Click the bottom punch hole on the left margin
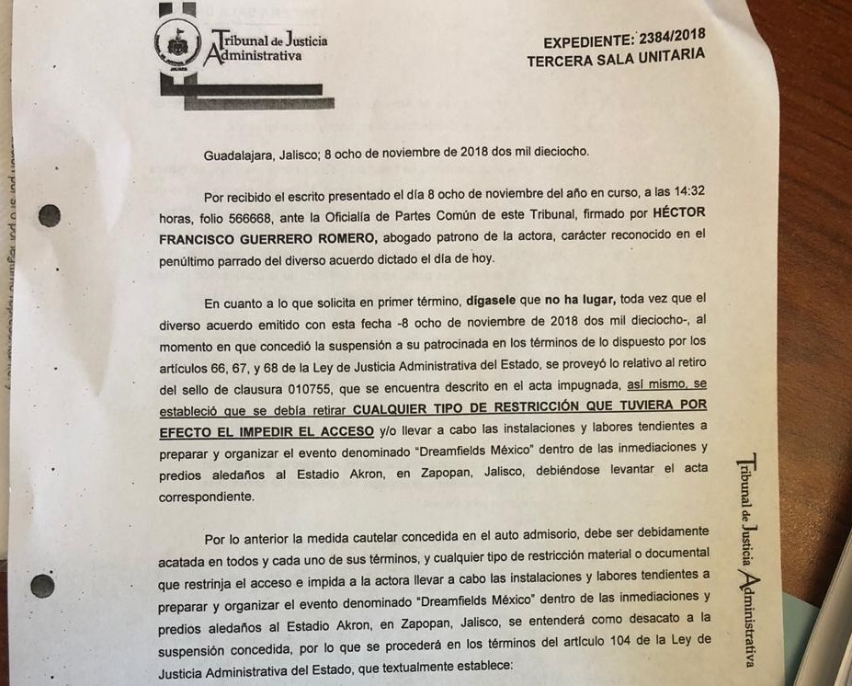(x=41, y=586)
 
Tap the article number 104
(x=626, y=641)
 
